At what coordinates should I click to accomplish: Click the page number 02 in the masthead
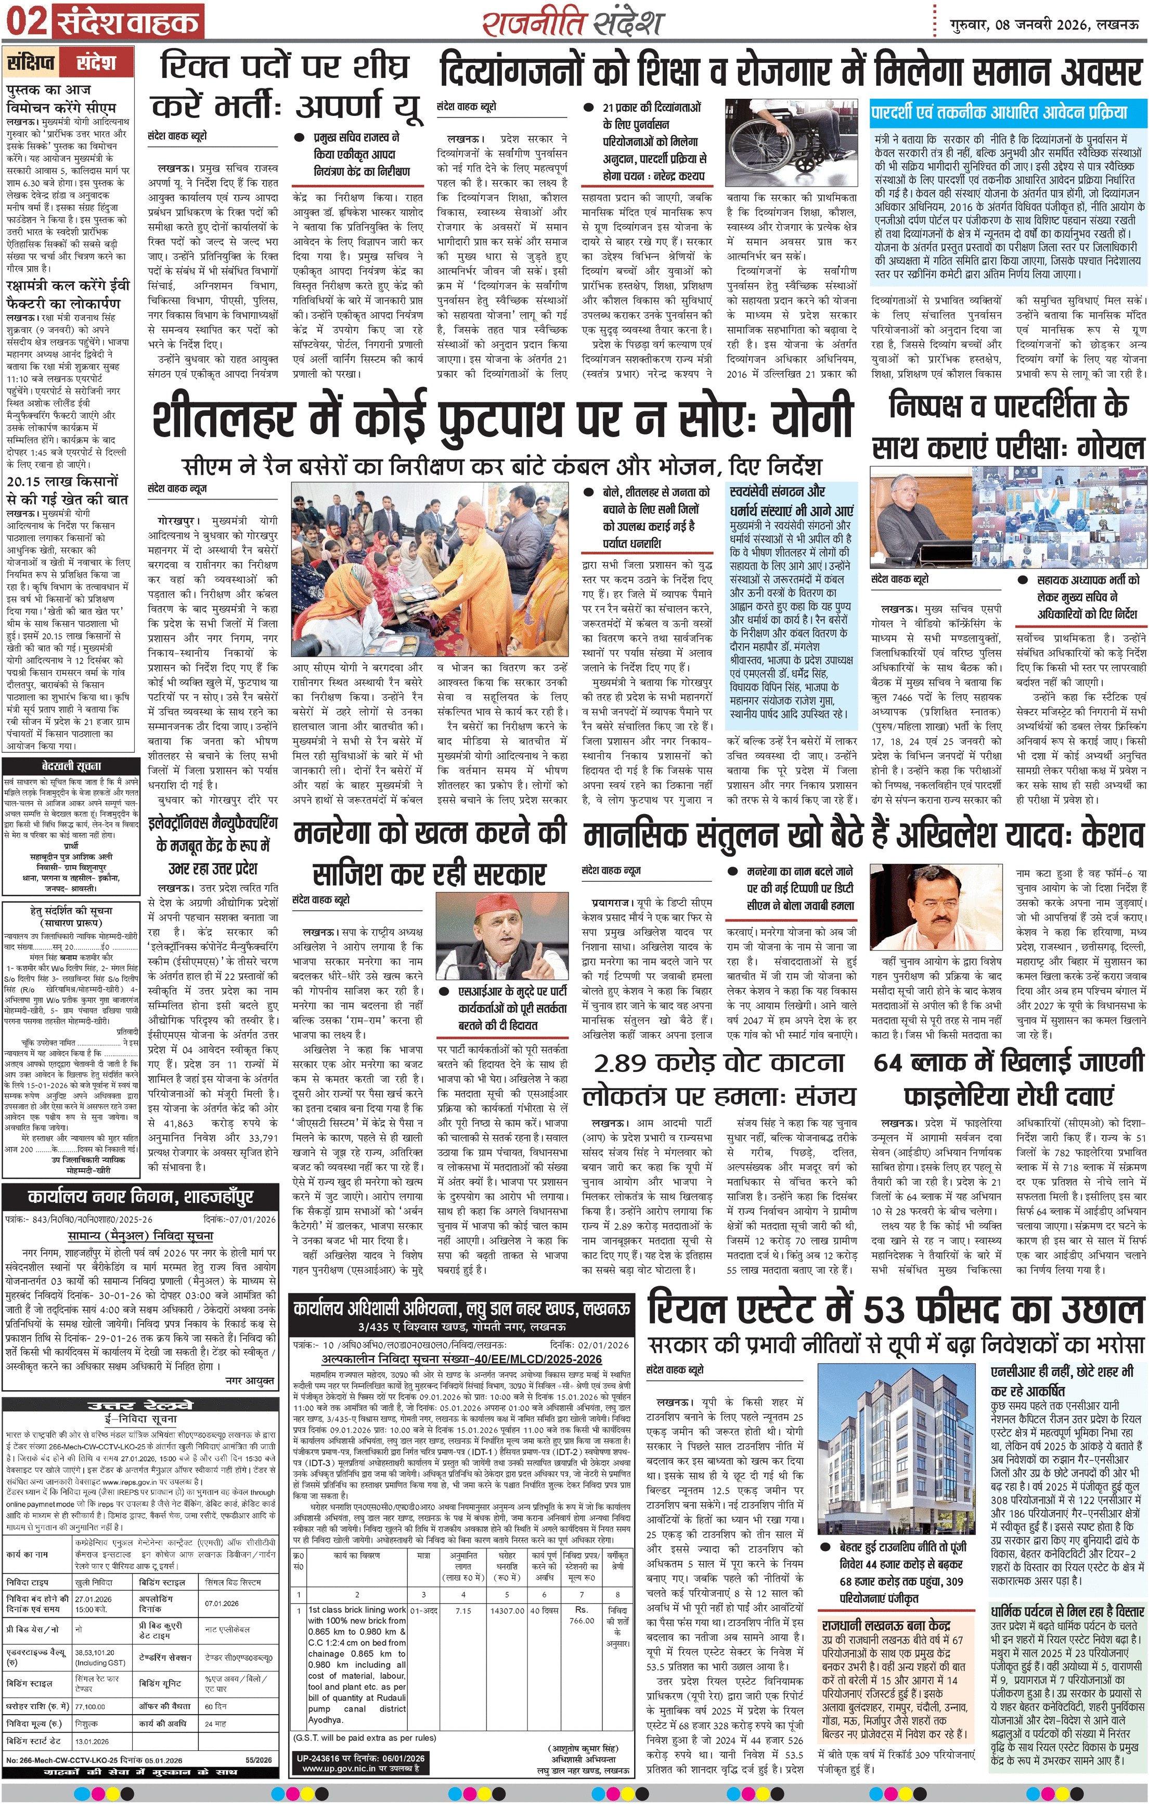(25, 21)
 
